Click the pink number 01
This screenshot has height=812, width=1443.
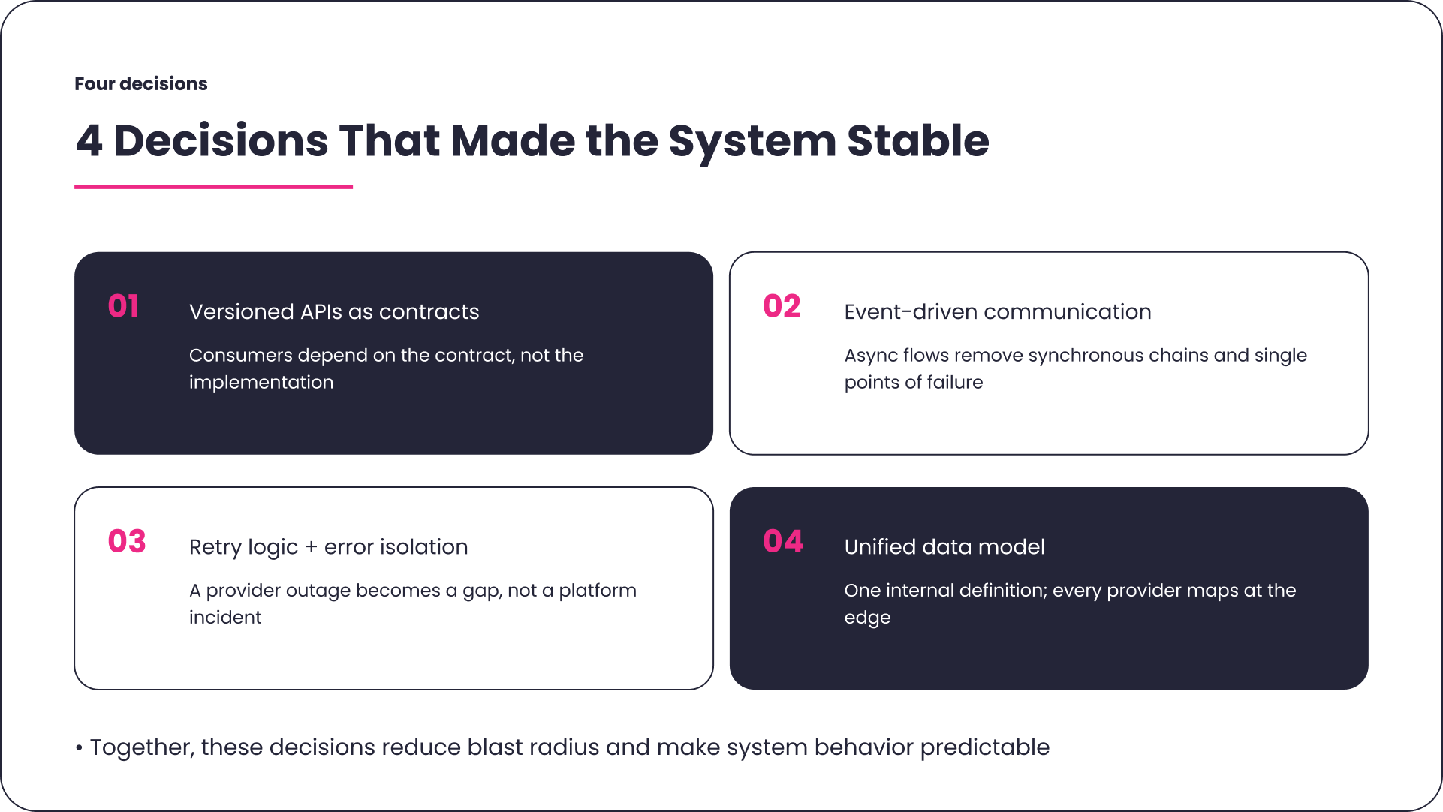coord(124,306)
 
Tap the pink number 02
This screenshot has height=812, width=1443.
coord(782,306)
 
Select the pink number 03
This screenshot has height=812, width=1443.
coord(126,541)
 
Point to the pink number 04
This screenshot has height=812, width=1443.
coord(783,541)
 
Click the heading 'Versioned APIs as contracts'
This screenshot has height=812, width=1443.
coord(334,312)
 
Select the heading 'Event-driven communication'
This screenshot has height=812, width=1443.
coord(997,312)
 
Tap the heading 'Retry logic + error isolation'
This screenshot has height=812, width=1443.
coord(328,547)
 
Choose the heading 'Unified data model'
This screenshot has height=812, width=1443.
coord(944,547)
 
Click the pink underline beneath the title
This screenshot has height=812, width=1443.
coord(213,187)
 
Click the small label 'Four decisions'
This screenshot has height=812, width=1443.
coord(141,84)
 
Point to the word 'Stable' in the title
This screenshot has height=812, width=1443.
coord(917,141)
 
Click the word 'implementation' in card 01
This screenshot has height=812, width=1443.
coord(261,383)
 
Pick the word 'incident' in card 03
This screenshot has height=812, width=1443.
coord(225,618)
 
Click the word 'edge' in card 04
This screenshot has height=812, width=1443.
coord(867,618)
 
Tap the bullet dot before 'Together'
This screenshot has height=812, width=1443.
coord(79,748)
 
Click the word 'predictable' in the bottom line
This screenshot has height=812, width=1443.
coord(984,748)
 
